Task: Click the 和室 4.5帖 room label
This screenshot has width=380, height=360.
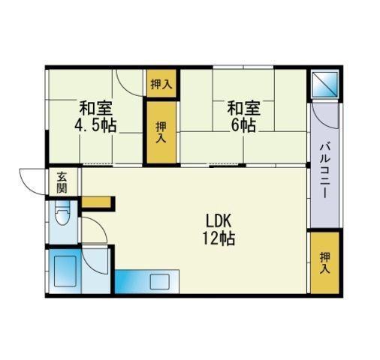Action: [x=95, y=116]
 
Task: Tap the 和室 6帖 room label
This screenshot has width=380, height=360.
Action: [x=243, y=116]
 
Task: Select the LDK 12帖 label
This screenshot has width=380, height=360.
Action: [x=219, y=229]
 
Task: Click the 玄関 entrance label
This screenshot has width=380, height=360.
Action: [x=62, y=183]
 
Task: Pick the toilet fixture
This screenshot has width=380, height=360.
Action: [x=62, y=213]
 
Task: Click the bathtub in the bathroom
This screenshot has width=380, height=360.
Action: [x=65, y=271]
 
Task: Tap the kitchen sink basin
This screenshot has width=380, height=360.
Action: [x=160, y=282]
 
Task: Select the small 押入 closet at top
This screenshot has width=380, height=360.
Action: [x=161, y=83]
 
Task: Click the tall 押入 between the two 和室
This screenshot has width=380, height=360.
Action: [x=161, y=132]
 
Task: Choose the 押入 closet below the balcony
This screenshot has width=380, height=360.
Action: [x=325, y=262]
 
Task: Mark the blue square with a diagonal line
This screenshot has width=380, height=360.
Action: [x=325, y=84]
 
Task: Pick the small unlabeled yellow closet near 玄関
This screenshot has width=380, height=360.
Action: [x=96, y=202]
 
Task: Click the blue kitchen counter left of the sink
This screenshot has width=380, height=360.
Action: [x=132, y=281]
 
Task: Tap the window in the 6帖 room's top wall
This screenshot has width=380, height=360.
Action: [x=243, y=67]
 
